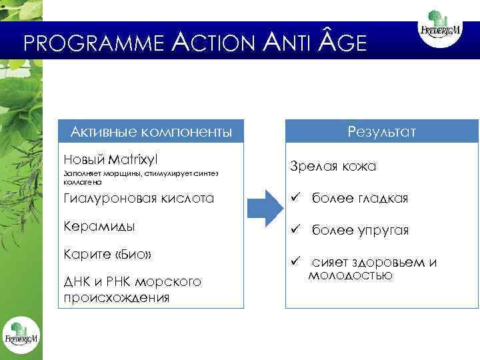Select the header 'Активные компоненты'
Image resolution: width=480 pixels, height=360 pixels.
click(151, 131)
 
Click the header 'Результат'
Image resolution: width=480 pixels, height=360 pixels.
click(381, 131)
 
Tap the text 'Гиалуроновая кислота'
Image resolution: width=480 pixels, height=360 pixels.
click(139, 198)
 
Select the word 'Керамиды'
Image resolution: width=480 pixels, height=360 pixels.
click(99, 225)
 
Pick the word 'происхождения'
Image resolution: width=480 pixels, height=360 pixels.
click(116, 297)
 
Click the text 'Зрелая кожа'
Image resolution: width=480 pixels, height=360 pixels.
click(332, 166)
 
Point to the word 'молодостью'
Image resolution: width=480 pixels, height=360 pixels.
click(349, 274)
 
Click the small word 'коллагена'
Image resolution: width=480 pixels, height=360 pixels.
click(83, 181)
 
